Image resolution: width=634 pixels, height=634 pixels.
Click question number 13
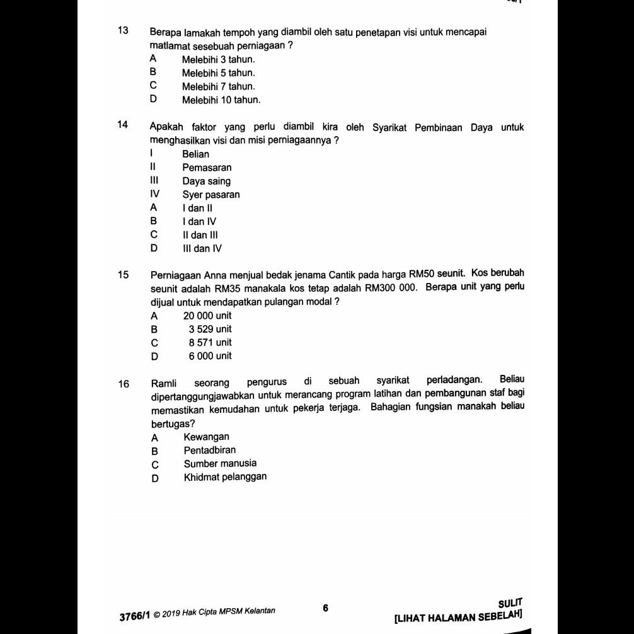pyautogui.click(x=124, y=31)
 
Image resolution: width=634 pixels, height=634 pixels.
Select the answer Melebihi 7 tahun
pyautogui.click(x=218, y=86)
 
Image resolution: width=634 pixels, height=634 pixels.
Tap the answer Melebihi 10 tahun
pyautogui.click(x=221, y=100)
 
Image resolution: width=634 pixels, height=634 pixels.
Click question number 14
pyautogui.click(x=124, y=125)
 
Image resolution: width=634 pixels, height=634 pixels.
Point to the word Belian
pyautogui.click(x=195, y=154)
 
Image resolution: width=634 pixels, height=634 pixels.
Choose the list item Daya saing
pyautogui.click(x=206, y=182)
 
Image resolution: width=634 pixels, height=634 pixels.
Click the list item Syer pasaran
pyautogui.click(x=211, y=195)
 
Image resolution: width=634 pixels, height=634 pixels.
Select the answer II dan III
pyautogui.click(x=200, y=235)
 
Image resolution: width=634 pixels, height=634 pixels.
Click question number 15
pyautogui.click(x=124, y=275)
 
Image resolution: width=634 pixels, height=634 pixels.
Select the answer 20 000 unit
pyautogui.click(x=207, y=316)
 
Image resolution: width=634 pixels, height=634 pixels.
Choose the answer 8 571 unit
pyautogui.click(x=210, y=343)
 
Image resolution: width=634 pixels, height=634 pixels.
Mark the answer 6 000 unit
pyautogui.click(x=210, y=356)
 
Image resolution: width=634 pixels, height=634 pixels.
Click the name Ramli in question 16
pyautogui.click(x=164, y=382)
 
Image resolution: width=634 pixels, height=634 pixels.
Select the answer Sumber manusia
pyautogui.click(x=220, y=463)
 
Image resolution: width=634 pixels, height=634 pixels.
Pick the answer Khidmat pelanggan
pyautogui.click(x=225, y=476)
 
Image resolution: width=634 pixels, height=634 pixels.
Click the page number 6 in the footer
pyautogui.click(x=326, y=608)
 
